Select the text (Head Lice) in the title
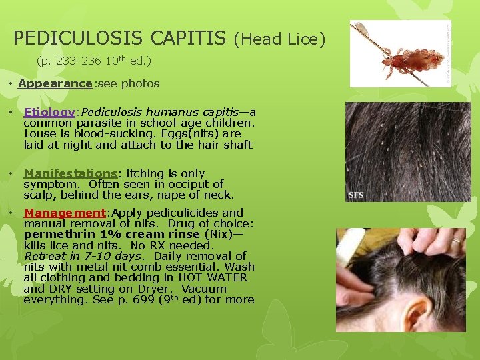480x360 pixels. [279, 40]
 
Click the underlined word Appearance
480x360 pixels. [55, 84]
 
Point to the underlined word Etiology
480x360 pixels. [48, 112]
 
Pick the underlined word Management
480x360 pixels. [64, 213]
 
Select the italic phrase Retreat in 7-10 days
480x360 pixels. [83, 256]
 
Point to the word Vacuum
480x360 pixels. [204, 289]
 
